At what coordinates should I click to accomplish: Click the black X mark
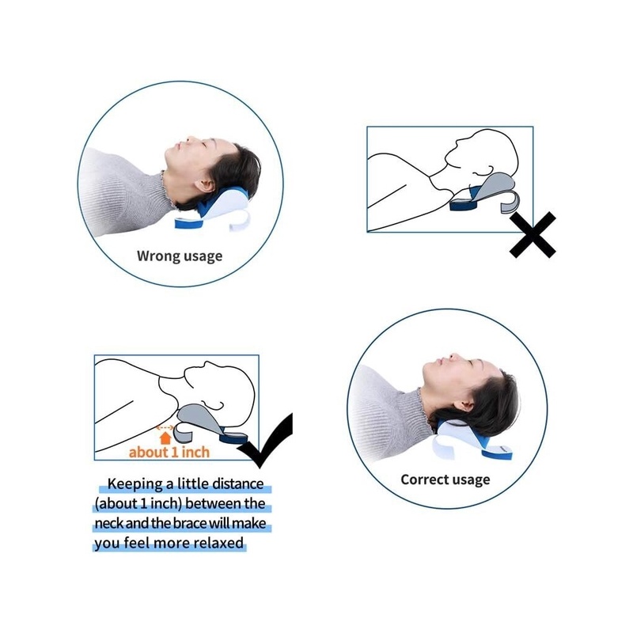(x=533, y=235)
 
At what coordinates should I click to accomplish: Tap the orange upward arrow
(x=165, y=438)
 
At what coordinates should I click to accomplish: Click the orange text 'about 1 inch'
(x=169, y=452)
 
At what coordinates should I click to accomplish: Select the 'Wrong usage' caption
(x=180, y=256)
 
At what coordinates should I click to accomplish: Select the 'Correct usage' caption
(x=445, y=479)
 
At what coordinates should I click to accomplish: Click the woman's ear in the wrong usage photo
(x=206, y=185)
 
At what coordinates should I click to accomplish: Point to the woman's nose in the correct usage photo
(x=453, y=357)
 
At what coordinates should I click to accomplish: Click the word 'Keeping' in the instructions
(x=135, y=483)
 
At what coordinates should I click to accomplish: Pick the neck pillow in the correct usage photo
(x=472, y=441)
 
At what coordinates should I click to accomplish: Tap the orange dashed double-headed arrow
(x=165, y=427)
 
